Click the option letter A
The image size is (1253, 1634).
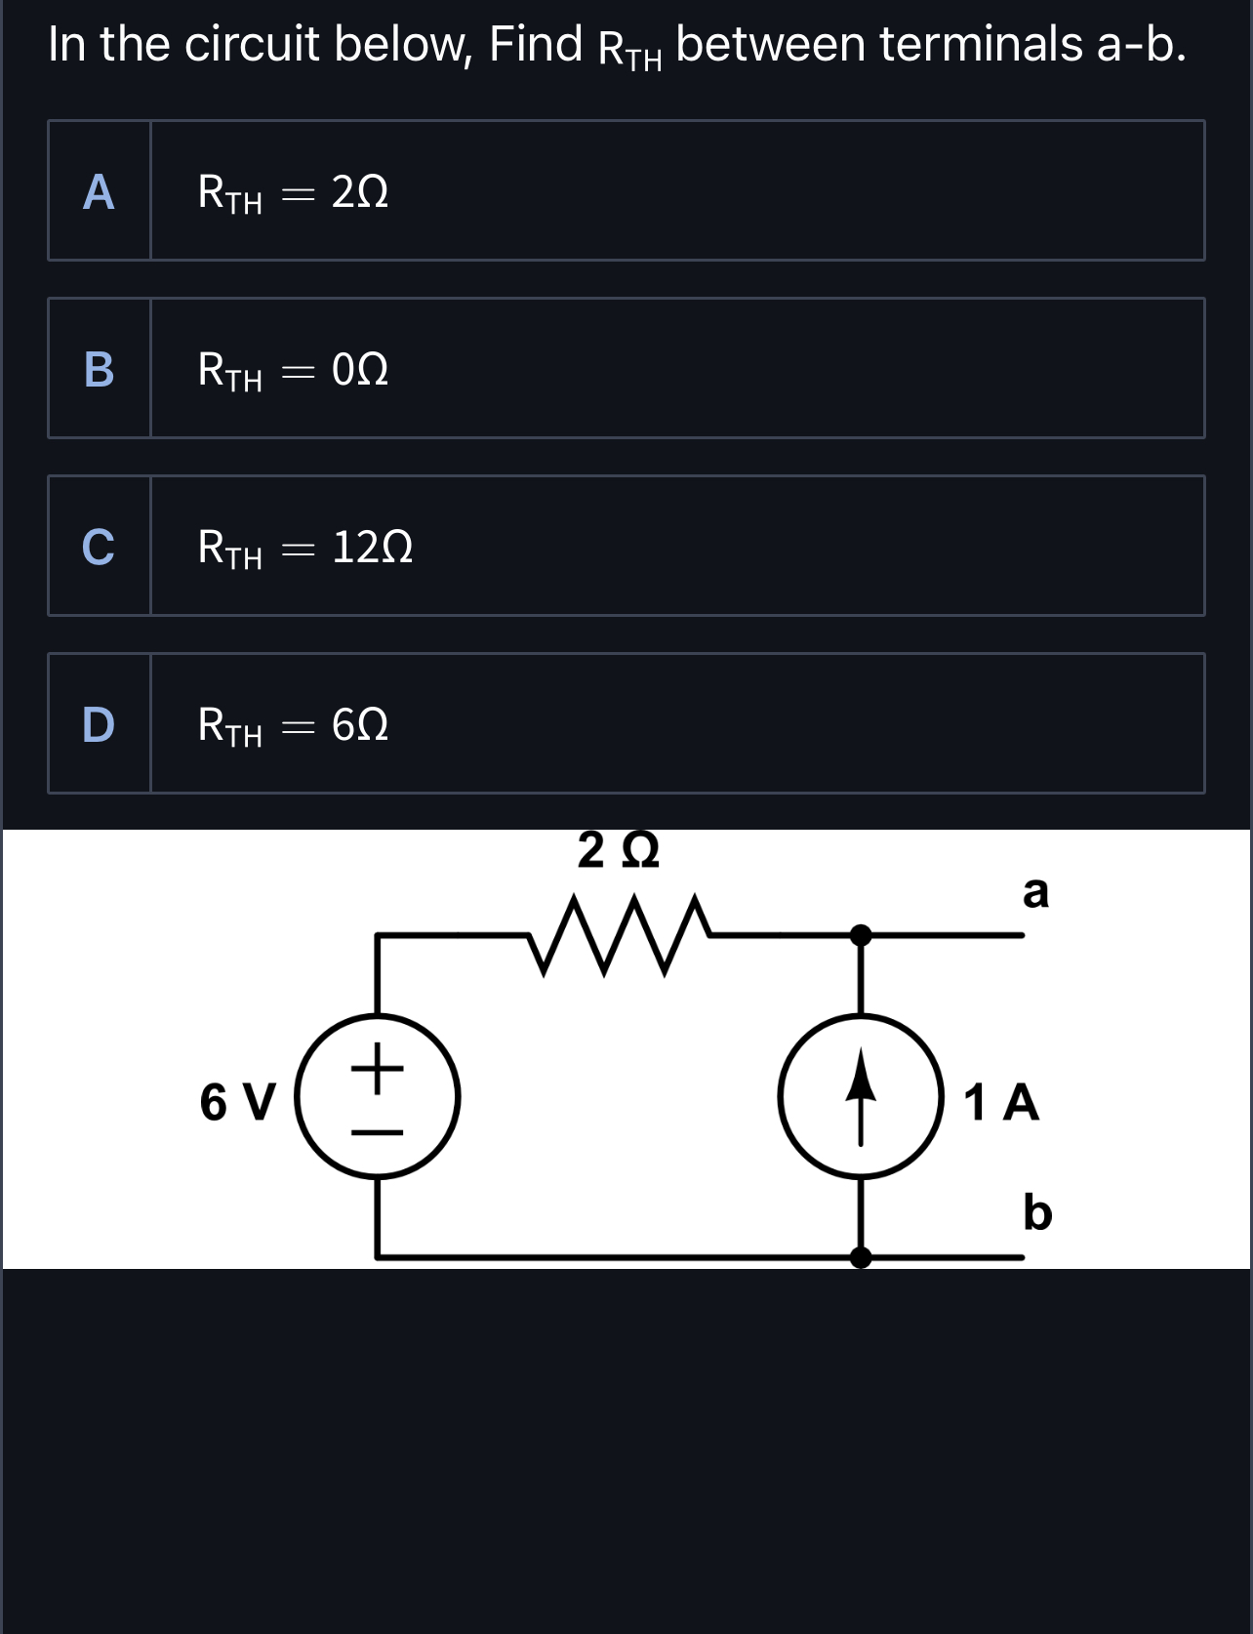pos(99,192)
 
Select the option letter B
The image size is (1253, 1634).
pos(99,370)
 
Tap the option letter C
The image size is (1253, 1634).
pos(99,548)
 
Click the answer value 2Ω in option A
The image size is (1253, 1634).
pos(360,192)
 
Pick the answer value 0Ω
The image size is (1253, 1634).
pos(360,370)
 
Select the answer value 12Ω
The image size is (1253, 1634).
pos(372,548)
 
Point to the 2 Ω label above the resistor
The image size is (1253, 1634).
pos(619,850)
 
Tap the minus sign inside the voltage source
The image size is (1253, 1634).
pos(378,1131)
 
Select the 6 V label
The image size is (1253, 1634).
pos(238,1103)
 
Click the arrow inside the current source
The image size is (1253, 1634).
pos(860,1095)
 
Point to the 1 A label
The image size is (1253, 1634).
pos(1001,1103)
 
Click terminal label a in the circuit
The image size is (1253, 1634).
pos(1035,891)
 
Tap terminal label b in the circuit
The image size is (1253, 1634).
pos(1037,1212)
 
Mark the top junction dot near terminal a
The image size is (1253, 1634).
pos(860,935)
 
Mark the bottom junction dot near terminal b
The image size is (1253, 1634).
pos(860,1257)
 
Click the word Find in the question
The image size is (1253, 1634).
pos(536,44)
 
